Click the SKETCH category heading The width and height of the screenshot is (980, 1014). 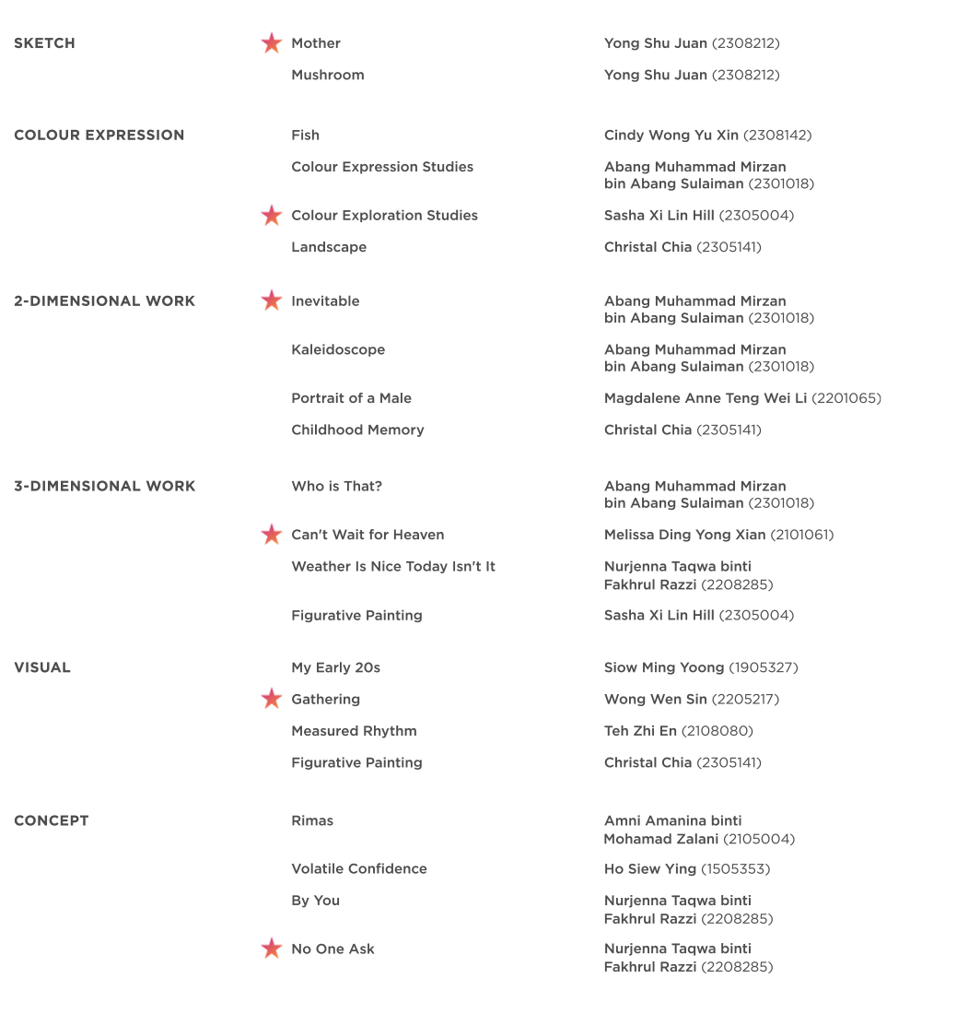[44, 43]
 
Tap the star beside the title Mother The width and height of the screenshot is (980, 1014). [271, 43]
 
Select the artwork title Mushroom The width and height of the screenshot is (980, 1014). [327, 75]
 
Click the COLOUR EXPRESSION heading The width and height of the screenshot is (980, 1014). [99, 136]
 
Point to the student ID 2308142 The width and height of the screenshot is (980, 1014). [777, 136]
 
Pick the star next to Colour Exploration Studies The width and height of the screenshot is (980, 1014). [271, 216]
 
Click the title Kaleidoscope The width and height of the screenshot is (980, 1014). [338, 349]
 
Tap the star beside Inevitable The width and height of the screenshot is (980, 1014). [271, 301]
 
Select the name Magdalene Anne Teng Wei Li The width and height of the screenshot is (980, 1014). [705, 398]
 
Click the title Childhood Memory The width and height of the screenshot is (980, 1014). [357, 430]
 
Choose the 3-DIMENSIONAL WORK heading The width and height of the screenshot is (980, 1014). [104, 486]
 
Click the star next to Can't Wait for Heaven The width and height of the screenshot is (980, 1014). [271, 535]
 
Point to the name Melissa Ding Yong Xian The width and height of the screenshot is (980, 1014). [684, 535]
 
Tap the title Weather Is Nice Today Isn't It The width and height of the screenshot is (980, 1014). [393, 566]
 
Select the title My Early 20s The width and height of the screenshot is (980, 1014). [335, 667]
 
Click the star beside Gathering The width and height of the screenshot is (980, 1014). [271, 699]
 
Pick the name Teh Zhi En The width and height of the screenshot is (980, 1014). [640, 731]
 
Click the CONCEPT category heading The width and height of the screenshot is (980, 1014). [51, 820]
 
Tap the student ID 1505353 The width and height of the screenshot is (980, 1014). [735, 869]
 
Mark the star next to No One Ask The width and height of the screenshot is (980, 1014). [271, 949]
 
